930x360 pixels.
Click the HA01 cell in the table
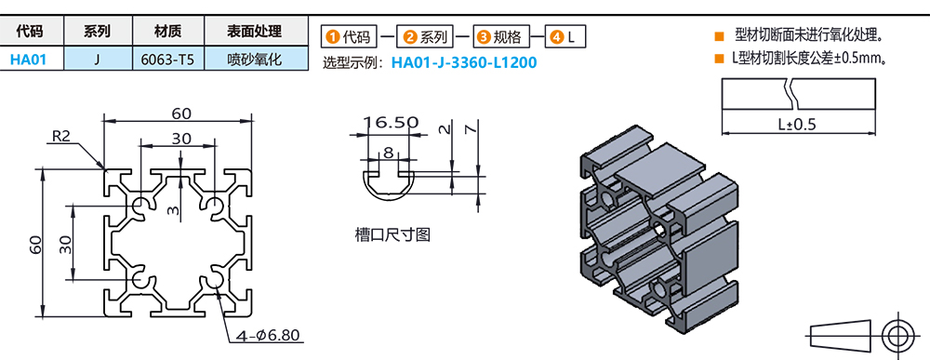pos(29,59)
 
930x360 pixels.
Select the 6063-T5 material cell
pos(168,59)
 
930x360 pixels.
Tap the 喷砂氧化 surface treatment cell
pos(256,59)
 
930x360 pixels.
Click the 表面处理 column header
pos(255,32)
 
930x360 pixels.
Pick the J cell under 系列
pos(98,59)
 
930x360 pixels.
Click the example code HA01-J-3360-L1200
pos(464,62)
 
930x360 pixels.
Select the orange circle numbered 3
pos(484,37)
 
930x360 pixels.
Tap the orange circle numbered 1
pos(333,37)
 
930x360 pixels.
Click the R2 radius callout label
pos(61,137)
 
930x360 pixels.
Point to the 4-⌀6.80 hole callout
pos(268,335)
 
